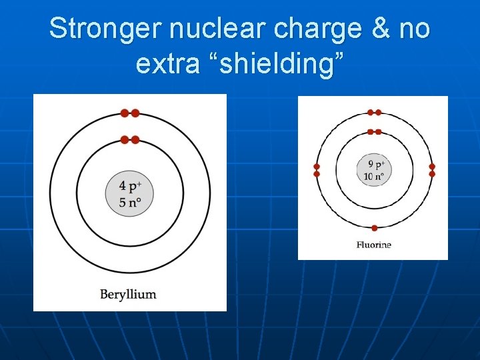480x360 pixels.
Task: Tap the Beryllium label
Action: coord(128,293)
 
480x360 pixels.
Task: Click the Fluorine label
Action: coord(373,245)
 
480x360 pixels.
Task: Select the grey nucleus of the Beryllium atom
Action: coord(129,194)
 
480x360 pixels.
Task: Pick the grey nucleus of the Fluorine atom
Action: coord(374,171)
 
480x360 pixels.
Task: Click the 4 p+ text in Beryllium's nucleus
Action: coord(131,186)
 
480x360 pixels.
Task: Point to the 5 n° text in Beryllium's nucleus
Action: coord(130,202)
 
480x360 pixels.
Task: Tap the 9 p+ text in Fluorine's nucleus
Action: coord(375,165)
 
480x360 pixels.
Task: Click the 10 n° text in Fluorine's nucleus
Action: coord(374,177)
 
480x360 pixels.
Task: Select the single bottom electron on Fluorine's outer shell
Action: coord(375,228)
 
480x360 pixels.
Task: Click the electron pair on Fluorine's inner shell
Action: coord(375,132)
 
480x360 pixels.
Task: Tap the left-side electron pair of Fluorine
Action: coord(317,170)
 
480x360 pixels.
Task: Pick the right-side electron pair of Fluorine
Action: coord(432,170)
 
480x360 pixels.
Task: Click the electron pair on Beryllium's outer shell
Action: coord(129,113)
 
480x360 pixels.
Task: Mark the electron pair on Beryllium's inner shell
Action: coord(129,139)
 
